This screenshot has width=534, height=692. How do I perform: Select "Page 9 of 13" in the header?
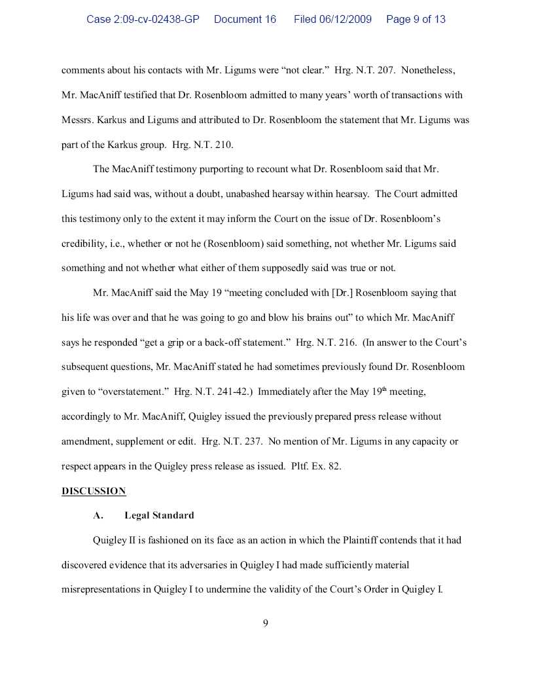(x=416, y=20)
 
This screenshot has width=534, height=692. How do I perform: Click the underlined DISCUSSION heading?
(x=94, y=491)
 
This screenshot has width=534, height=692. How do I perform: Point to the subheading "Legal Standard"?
(x=159, y=515)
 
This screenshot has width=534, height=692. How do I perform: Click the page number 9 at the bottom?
(x=266, y=623)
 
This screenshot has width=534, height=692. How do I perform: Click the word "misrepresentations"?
(x=101, y=589)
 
